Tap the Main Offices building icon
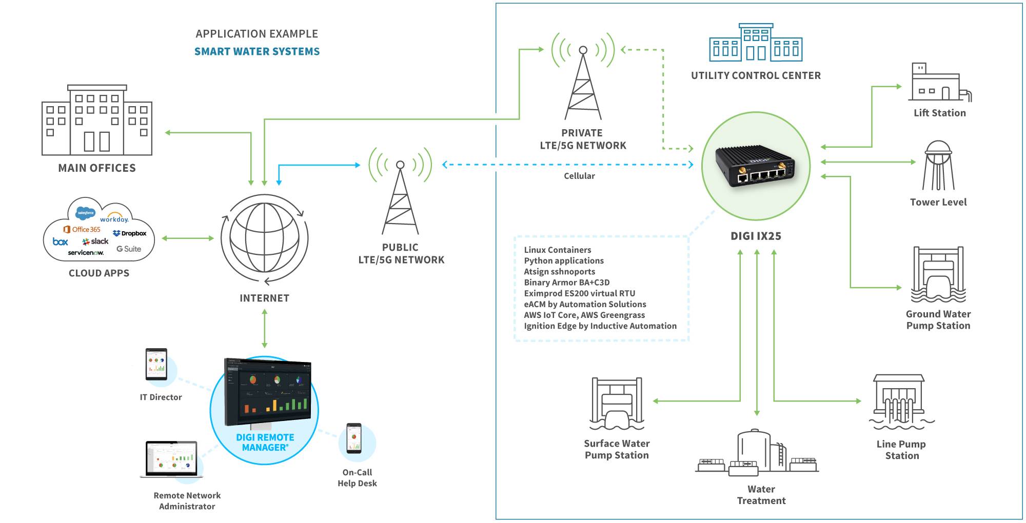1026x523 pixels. (97, 120)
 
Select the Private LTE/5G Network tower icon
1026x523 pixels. (583, 82)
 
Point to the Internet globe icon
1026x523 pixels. (264, 238)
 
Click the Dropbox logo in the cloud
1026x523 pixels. (130, 233)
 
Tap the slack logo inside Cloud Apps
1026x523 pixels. (95, 241)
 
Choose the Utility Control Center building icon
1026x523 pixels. (756, 43)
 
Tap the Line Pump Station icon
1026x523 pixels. (900, 402)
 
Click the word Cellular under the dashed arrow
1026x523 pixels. (579, 176)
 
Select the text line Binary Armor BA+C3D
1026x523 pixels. (566, 283)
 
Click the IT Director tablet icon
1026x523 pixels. (156, 365)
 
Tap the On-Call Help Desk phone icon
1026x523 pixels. (354, 438)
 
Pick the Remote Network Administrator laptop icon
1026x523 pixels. (171, 459)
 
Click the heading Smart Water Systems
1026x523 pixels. (256, 51)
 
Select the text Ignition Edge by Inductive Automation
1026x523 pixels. (600, 326)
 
